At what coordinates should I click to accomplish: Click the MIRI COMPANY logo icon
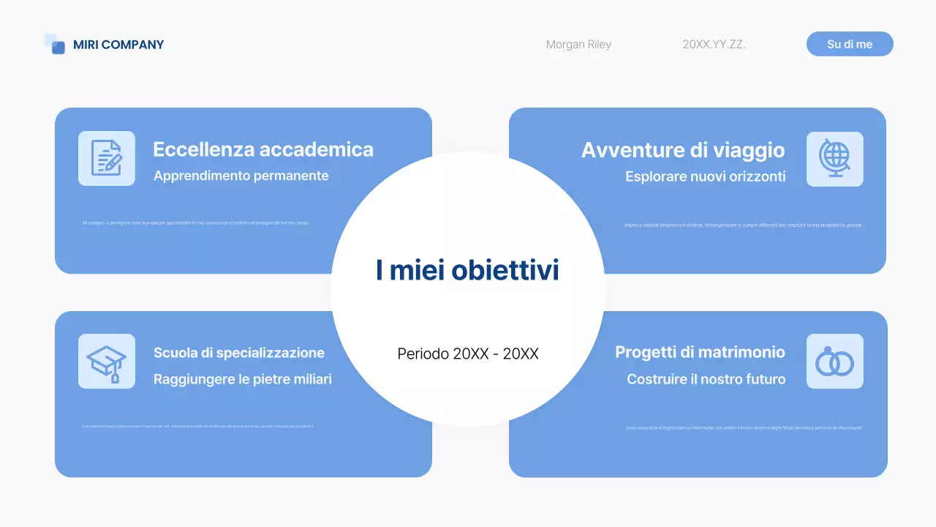point(55,44)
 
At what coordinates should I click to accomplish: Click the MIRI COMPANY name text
point(118,45)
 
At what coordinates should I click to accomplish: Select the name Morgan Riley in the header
point(578,45)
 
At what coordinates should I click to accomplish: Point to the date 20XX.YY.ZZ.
point(714,45)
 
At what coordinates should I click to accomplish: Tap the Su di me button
point(850,44)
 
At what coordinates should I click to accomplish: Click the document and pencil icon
point(107,158)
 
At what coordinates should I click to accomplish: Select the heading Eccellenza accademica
point(263,149)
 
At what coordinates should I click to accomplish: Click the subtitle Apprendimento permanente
point(241,176)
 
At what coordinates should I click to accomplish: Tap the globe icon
point(834,159)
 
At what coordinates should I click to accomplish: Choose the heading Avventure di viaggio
point(683,150)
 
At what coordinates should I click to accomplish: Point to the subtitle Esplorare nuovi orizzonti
point(706,176)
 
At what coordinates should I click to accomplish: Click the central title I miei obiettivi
point(467,270)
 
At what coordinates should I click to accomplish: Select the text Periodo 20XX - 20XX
point(468,354)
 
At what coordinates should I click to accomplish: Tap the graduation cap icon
point(107,361)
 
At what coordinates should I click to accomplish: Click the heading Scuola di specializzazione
point(239,353)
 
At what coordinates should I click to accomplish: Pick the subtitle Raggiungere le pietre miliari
point(243,379)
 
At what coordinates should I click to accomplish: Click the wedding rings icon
point(834,361)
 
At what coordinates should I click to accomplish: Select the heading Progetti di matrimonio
point(700,352)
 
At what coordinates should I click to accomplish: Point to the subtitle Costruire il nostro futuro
point(706,379)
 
